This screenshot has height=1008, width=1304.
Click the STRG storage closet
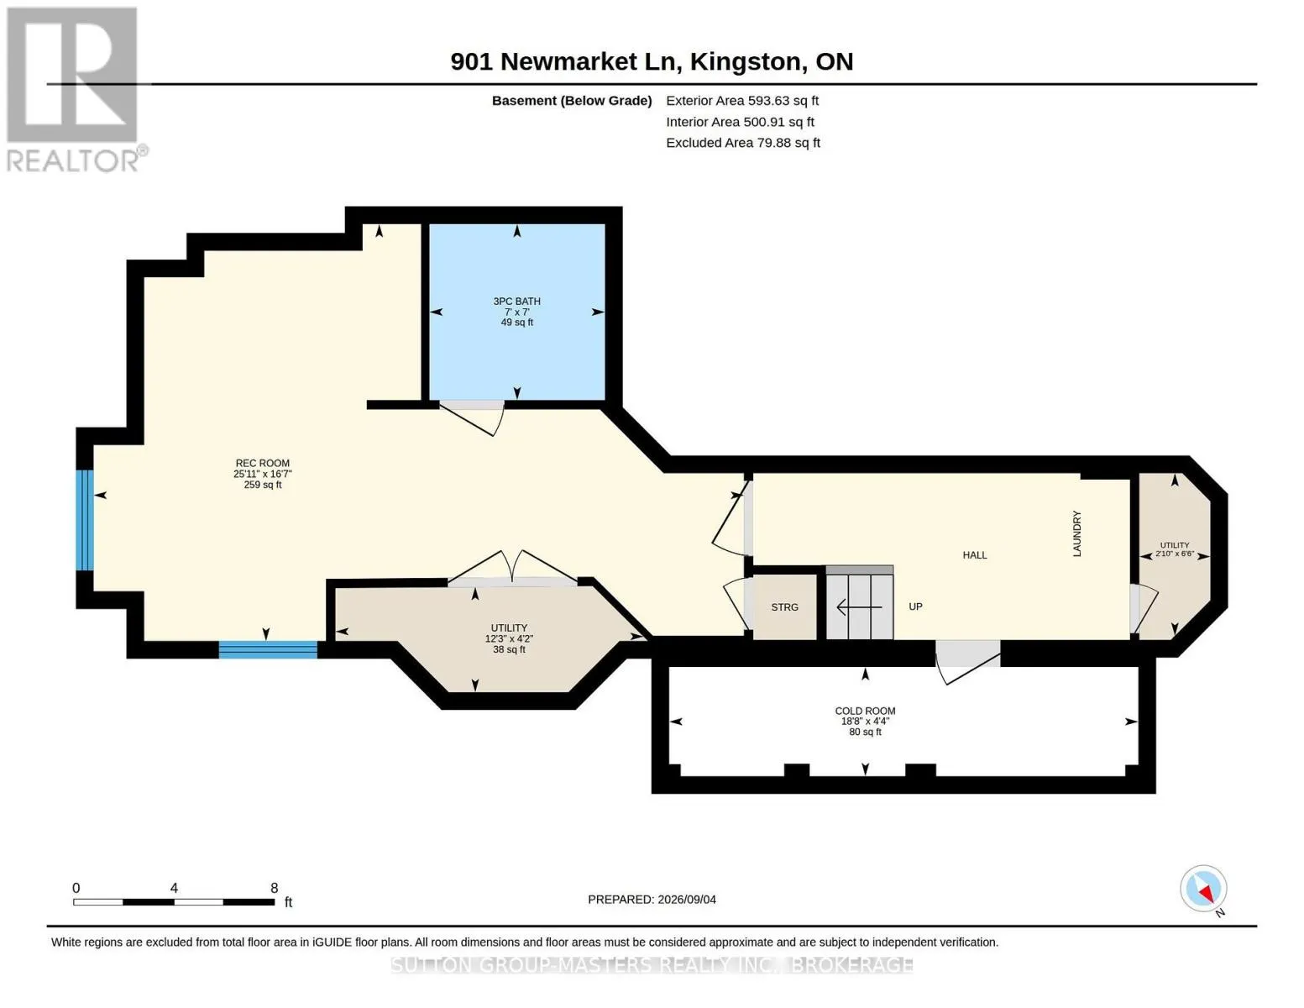click(784, 607)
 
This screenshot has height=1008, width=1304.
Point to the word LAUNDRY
click(1076, 533)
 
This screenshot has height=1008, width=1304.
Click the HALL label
click(975, 555)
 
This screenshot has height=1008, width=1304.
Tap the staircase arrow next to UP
click(859, 607)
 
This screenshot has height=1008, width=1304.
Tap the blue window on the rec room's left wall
click(85, 520)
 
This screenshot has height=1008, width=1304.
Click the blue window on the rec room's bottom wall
click(268, 649)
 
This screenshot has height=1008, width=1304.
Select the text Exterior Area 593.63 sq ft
click(742, 101)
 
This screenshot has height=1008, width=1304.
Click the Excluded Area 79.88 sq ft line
click(743, 143)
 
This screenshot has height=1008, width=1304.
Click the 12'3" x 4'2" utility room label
click(509, 638)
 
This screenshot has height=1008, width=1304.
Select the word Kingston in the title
click(745, 62)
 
